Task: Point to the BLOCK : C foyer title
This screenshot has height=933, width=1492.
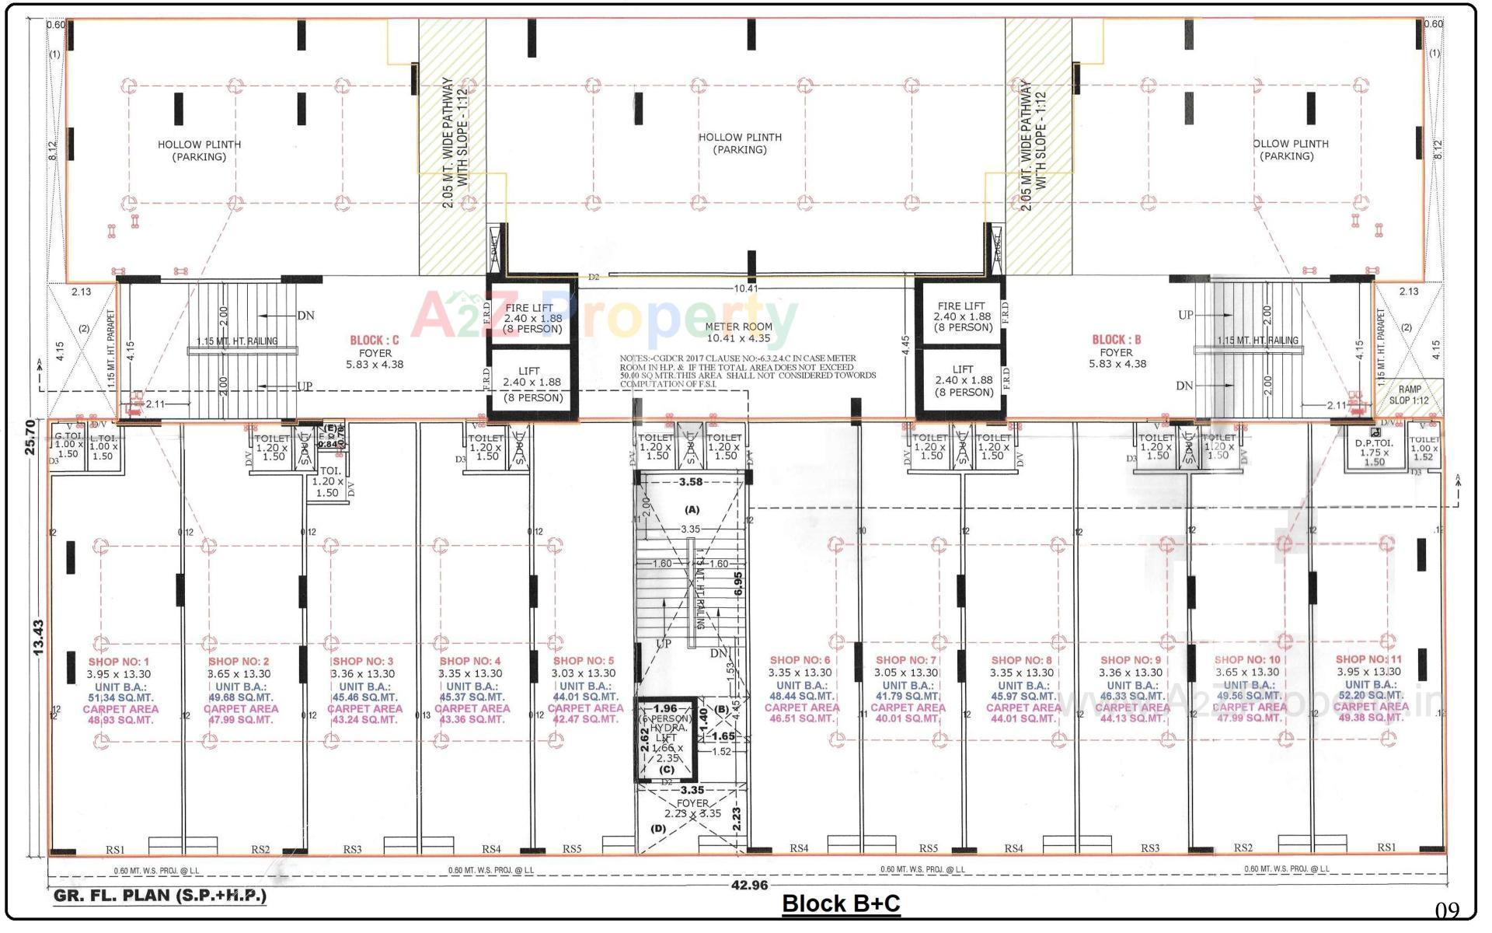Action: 375,341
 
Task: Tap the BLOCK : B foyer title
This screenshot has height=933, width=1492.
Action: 1117,340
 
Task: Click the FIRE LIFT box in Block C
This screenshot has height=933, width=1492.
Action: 532,318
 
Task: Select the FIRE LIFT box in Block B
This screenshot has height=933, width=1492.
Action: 963,316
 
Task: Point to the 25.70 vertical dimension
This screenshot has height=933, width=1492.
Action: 30,437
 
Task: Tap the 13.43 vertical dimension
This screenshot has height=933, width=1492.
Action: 38,638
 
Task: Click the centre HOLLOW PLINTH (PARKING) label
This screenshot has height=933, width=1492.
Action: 740,143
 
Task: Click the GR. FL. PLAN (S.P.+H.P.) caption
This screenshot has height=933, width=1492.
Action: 160,896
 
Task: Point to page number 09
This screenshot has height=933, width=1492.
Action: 1447,910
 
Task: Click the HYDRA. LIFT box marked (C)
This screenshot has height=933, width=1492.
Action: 666,740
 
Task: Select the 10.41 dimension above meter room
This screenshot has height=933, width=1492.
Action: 745,288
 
